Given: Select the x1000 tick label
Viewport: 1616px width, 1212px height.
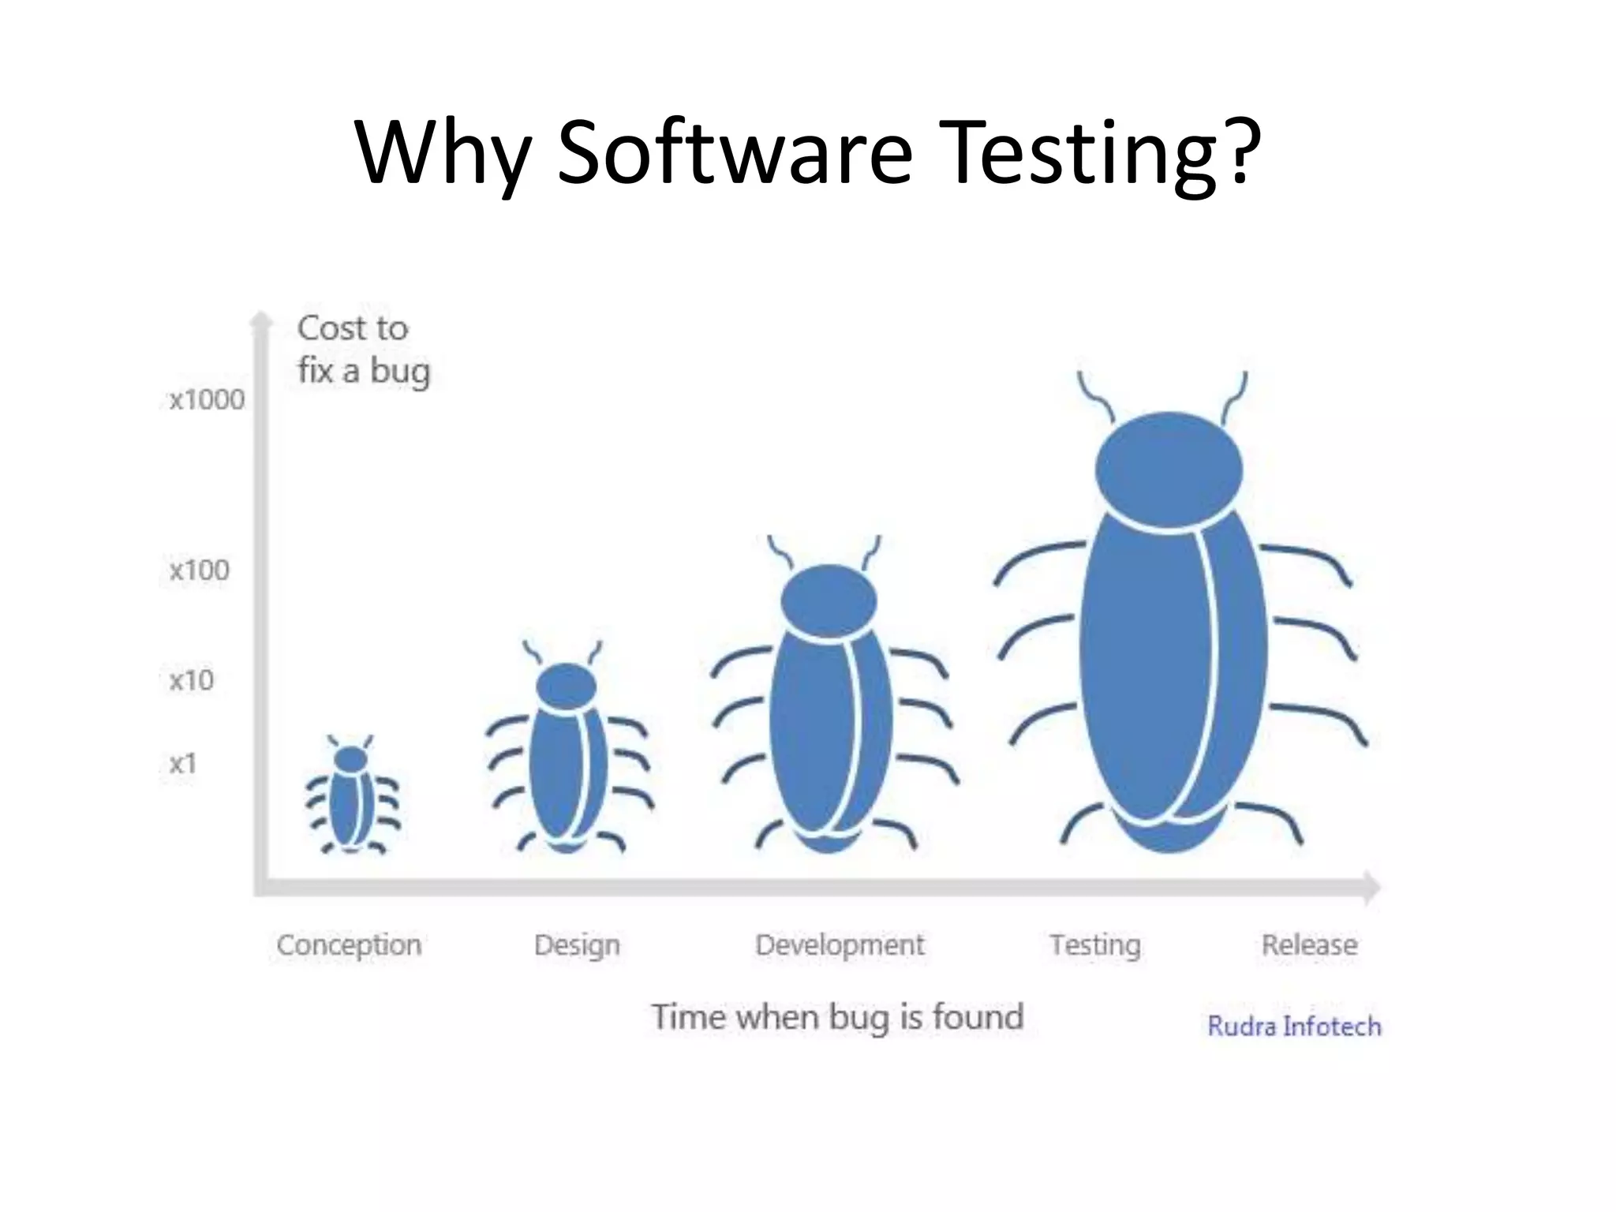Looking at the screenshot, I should [207, 400].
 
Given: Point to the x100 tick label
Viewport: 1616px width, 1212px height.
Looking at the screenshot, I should [199, 570].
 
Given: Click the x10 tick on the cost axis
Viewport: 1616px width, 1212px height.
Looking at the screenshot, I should [191, 679].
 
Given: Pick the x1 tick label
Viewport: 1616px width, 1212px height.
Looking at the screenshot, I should [182, 763].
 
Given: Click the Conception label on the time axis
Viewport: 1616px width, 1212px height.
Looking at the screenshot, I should [349, 945].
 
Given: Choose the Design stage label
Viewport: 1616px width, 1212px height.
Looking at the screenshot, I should [577, 945].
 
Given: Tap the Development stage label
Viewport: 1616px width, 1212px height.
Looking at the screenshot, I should [840, 945].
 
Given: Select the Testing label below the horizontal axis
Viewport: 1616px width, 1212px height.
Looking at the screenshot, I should [1095, 945].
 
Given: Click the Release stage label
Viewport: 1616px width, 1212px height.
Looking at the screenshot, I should [1309, 945].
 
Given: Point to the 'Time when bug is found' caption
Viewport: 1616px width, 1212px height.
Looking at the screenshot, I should [837, 1016].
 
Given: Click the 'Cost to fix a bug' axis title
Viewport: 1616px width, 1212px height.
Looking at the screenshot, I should [363, 349].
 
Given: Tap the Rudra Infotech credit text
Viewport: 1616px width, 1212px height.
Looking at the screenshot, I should [1294, 1026].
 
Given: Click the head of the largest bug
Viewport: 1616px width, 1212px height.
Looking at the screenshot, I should [1169, 472].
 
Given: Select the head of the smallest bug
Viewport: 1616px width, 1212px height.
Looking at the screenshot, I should [351, 759].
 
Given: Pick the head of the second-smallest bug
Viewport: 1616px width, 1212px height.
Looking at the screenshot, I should [566, 685].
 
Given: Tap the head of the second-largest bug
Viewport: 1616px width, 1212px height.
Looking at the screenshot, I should [829, 601].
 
